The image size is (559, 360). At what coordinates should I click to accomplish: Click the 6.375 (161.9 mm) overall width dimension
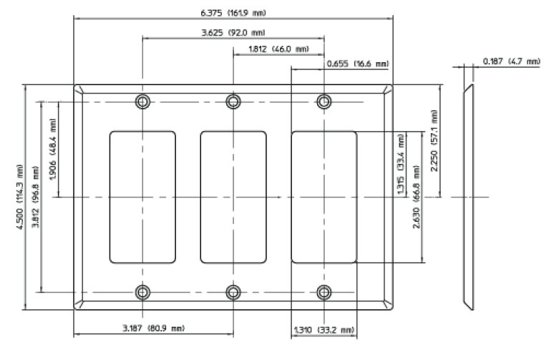click(233, 13)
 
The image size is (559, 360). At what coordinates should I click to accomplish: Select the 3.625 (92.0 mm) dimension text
click(233, 31)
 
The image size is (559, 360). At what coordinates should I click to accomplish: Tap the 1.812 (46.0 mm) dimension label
click(278, 49)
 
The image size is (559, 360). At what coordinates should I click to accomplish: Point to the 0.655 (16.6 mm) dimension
click(357, 64)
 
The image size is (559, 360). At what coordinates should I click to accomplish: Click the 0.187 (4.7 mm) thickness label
click(511, 62)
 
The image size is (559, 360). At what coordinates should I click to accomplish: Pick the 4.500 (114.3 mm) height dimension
click(20, 197)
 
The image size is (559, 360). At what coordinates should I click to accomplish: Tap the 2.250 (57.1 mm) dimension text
click(434, 140)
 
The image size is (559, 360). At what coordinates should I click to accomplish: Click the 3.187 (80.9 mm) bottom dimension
click(153, 329)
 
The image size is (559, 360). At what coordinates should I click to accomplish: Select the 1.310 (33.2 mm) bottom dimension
click(324, 330)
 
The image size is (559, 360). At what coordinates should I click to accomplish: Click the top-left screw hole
click(143, 102)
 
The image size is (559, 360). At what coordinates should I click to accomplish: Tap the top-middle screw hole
click(233, 102)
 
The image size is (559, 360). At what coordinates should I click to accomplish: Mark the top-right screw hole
click(324, 102)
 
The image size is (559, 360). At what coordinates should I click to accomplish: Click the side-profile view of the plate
click(467, 197)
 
